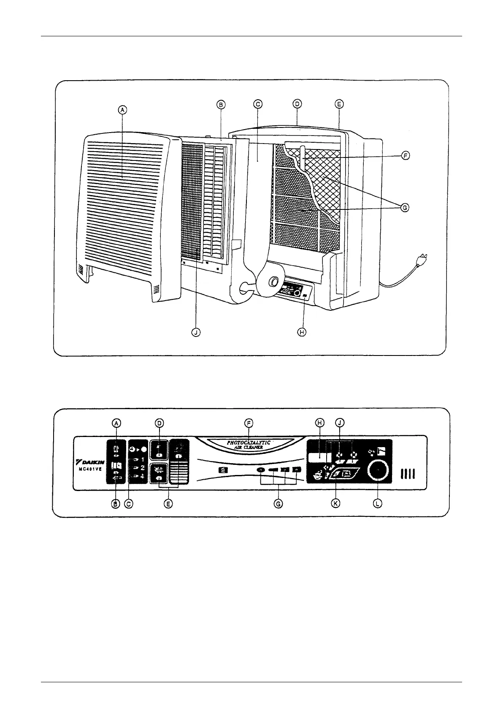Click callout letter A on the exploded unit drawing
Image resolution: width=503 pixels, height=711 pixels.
click(122, 110)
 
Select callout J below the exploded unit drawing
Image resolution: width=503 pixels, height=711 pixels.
click(195, 332)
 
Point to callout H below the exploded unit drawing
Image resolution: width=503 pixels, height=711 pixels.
click(302, 332)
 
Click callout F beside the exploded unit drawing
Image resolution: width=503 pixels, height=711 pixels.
click(405, 156)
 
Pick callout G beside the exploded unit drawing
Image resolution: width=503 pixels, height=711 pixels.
click(405, 208)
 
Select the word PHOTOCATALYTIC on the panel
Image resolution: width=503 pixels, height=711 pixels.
click(249, 443)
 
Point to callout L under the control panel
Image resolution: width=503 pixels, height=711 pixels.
click(378, 503)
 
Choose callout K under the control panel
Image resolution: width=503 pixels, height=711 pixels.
click(336, 503)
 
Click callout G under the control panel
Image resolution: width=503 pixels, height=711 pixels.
click(278, 504)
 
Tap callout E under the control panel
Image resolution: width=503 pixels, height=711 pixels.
click(168, 504)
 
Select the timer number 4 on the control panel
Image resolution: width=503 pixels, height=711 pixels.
click(143, 476)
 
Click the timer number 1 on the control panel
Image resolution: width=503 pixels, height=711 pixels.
click(143, 459)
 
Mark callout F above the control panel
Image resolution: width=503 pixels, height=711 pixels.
click(249, 423)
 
